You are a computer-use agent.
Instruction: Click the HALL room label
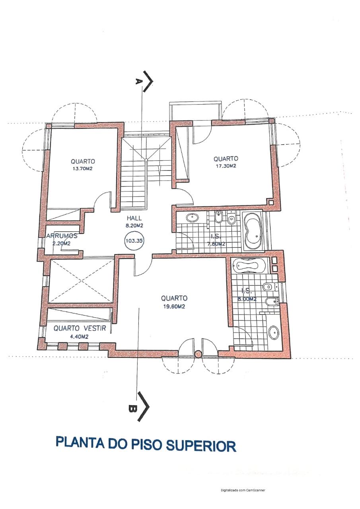click(x=134, y=218)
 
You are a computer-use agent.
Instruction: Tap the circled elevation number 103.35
click(x=134, y=241)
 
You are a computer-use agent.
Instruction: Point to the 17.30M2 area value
click(x=226, y=166)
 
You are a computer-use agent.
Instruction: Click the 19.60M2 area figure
click(x=174, y=307)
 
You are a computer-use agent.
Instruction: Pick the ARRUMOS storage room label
click(x=62, y=236)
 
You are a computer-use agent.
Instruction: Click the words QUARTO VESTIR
click(x=80, y=328)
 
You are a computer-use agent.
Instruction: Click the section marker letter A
click(x=138, y=82)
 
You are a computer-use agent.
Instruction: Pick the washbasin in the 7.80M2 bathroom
click(x=192, y=218)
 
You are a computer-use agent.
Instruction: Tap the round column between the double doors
click(x=198, y=354)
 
